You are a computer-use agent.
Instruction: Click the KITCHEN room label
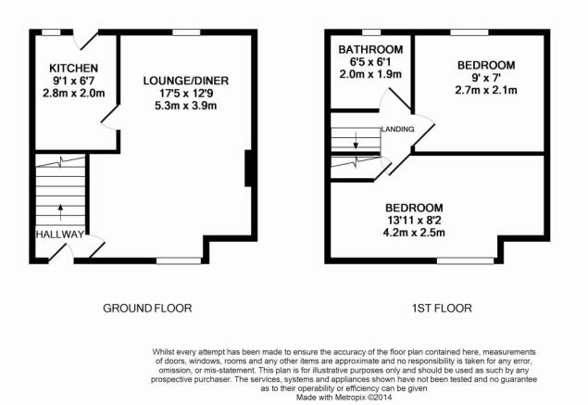pyautogui.click(x=73, y=69)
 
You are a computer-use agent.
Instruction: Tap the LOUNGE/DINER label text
pyautogui.click(x=185, y=81)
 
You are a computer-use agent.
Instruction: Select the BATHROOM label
pyautogui.click(x=370, y=49)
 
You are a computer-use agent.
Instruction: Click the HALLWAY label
pyautogui.click(x=60, y=234)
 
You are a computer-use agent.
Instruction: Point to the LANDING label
pyautogui.click(x=398, y=129)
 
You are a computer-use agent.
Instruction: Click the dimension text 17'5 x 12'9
pyautogui.click(x=185, y=93)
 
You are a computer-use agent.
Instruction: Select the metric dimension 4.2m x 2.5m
pyautogui.click(x=414, y=233)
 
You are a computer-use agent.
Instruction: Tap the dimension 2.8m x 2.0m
pyautogui.click(x=73, y=93)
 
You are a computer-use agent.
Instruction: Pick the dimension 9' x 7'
pyautogui.click(x=486, y=78)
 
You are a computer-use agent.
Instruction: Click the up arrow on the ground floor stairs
pyautogui.click(x=60, y=212)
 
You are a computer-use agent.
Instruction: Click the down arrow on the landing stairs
pyautogui.click(x=356, y=140)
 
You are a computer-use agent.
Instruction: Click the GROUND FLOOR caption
pyautogui.click(x=147, y=309)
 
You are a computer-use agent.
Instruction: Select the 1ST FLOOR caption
pyautogui.click(x=442, y=309)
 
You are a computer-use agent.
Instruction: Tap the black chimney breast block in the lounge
pyautogui.click(x=248, y=168)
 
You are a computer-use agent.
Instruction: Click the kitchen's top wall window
pyautogui.click(x=51, y=32)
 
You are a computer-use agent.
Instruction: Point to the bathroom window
pyautogui.click(x=371, y=32)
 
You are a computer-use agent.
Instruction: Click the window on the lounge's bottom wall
pyautogui.click(x=179, y=260)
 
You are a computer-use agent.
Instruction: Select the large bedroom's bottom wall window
pyautogui.click(x=466, y=260)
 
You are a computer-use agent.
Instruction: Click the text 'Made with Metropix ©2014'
pyautogui.click(x=344, y=397)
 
